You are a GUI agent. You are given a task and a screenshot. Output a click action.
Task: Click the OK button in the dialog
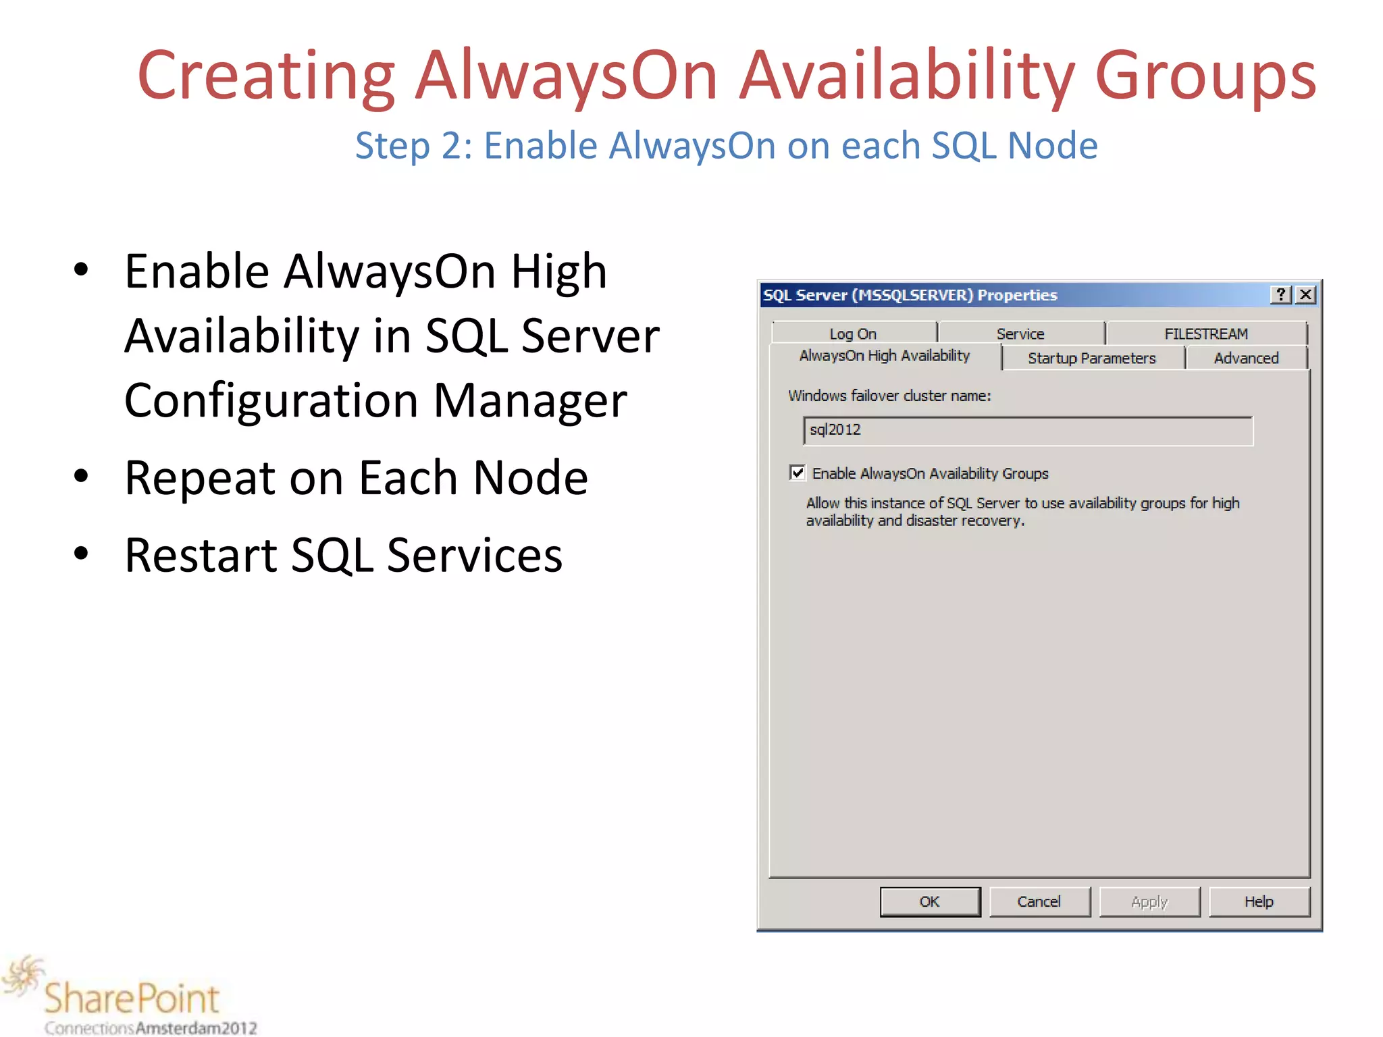pos(930,902)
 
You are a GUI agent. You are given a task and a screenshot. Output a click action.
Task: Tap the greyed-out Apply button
pos(1149,902)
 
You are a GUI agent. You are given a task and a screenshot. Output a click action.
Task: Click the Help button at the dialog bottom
pos(1259,902)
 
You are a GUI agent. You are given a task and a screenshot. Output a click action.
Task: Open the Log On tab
pos(853,334)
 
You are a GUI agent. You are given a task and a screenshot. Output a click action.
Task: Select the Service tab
pos(1020,334)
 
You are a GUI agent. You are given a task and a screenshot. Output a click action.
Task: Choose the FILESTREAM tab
pos(1206,334)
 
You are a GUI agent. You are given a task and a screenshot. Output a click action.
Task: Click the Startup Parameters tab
pos(1092,358)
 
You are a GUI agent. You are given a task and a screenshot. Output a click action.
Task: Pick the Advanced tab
pos(1246,358)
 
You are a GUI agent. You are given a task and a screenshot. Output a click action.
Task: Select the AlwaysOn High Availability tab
pos(884,356)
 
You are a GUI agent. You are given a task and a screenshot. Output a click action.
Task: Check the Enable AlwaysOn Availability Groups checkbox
pos(798,473)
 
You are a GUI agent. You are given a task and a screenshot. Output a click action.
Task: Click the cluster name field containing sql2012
pos(1026,431)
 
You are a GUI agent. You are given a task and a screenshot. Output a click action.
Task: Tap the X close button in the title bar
pos(1306,295)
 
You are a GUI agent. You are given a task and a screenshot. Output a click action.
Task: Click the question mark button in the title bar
pos(1281,295)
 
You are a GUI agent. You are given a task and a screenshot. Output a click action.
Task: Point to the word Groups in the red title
pos(1205,76)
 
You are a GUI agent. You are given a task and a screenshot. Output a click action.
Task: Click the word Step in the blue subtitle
pos(392,146)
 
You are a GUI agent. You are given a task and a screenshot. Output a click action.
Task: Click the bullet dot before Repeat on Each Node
pos(81,477)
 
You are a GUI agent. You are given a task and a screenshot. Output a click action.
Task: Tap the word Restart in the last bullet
pos(201,555)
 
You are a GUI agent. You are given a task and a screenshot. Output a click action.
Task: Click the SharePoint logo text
pos(132,998)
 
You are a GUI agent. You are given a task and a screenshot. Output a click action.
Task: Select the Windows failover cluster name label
pos(889,396)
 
